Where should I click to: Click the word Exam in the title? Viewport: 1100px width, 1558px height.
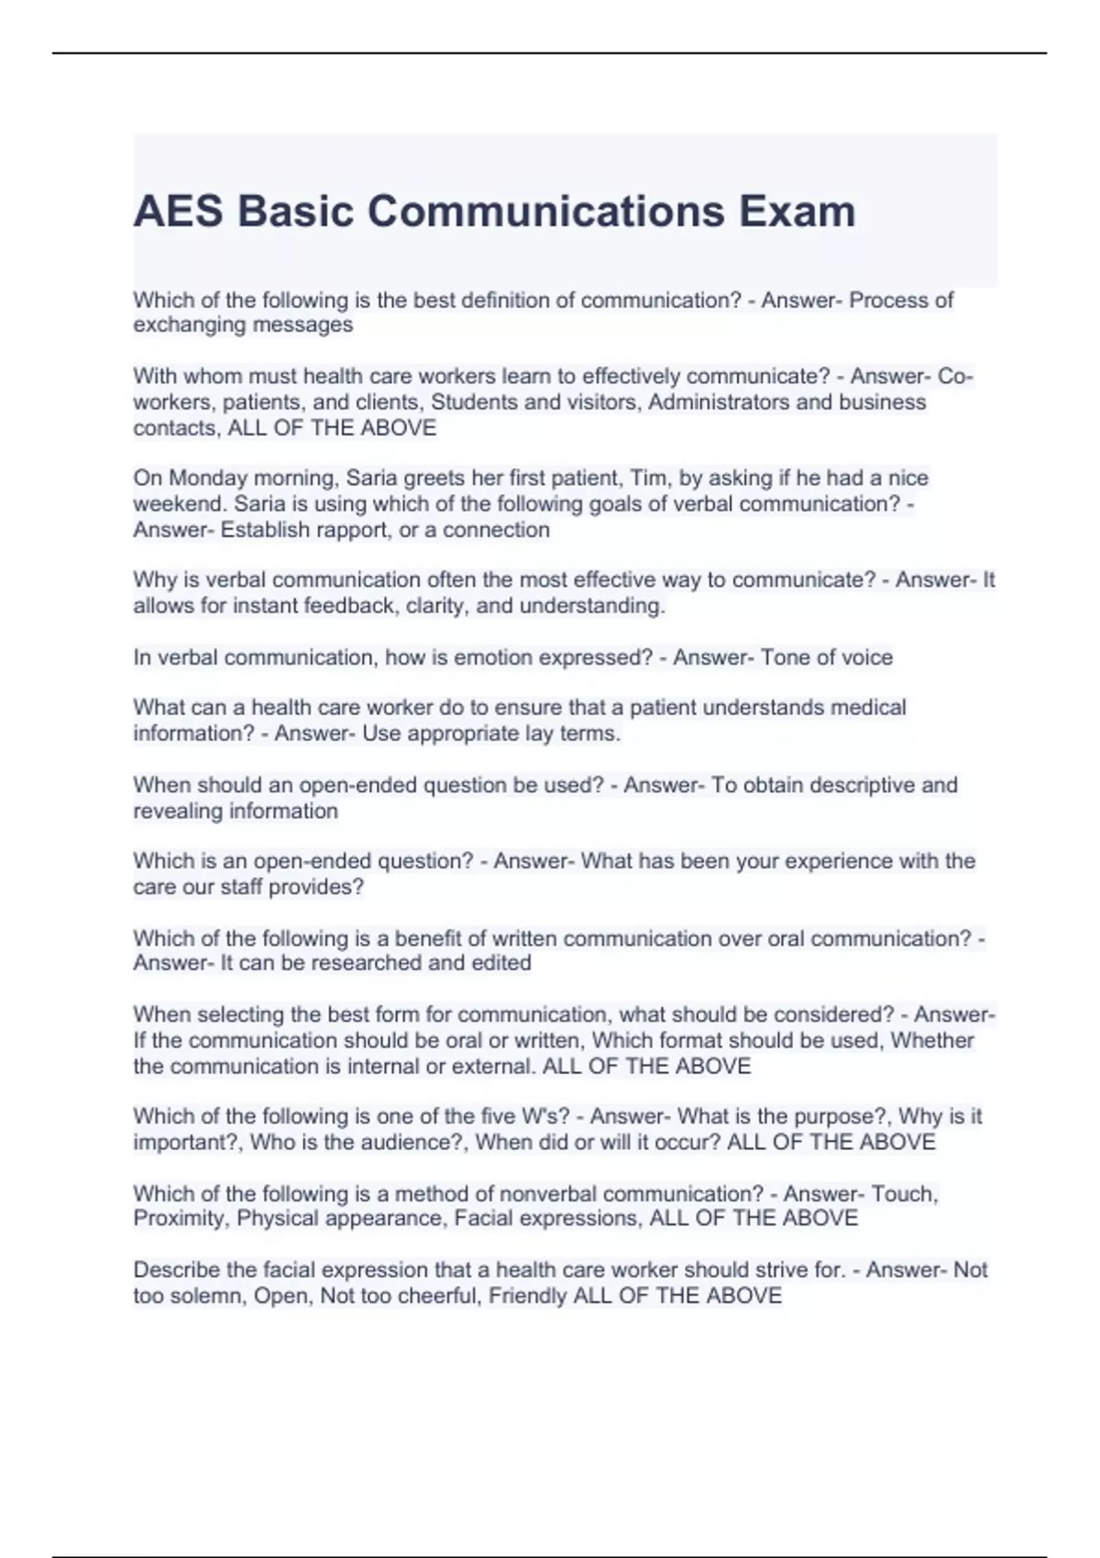click(x=797, y=212)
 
